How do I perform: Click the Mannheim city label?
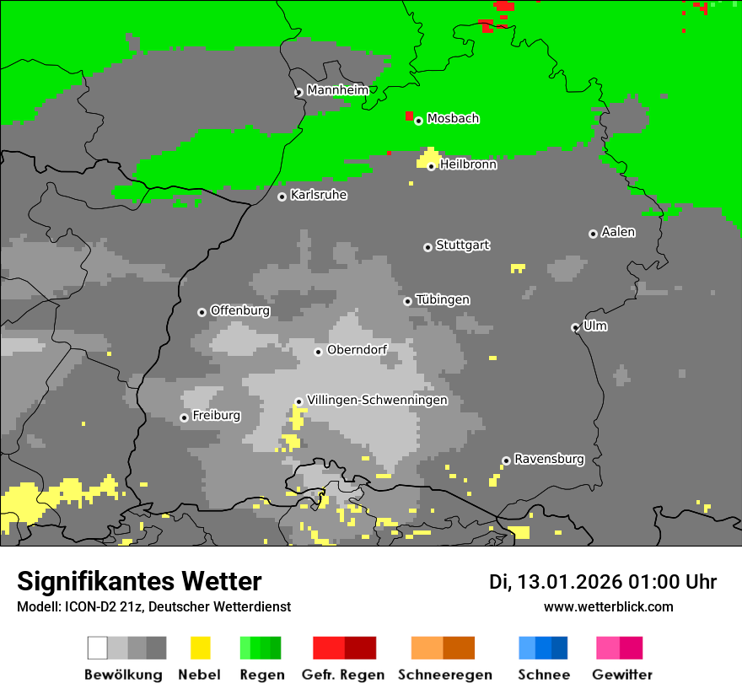tap(338, 90)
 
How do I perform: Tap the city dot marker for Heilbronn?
tap(431, 166)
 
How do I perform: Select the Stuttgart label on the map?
tap(462, 245)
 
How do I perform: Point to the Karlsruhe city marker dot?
tap(282, 197)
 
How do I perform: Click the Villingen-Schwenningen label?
tap(377, 400)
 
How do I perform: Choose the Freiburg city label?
tap(216, 416)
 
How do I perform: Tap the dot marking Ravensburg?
tap(506, 460)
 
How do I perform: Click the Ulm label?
tap(595, 326)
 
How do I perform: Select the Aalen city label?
tap(618, 232)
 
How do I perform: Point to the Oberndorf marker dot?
tap(318, 352)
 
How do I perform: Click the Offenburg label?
tap(239, 310)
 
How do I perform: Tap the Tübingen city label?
tap(443, 300)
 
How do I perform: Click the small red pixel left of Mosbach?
tap(409, 116)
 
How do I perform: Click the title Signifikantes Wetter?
tap(139, 581)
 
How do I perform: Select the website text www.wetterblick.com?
tap(608, 607)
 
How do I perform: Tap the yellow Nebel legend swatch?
tap(200, 648)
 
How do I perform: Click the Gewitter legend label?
tap(622, 675)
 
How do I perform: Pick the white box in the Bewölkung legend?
tap(98, 648)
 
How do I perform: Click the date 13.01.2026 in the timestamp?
tap(569, 582)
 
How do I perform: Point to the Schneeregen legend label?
tap(444, 675)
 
